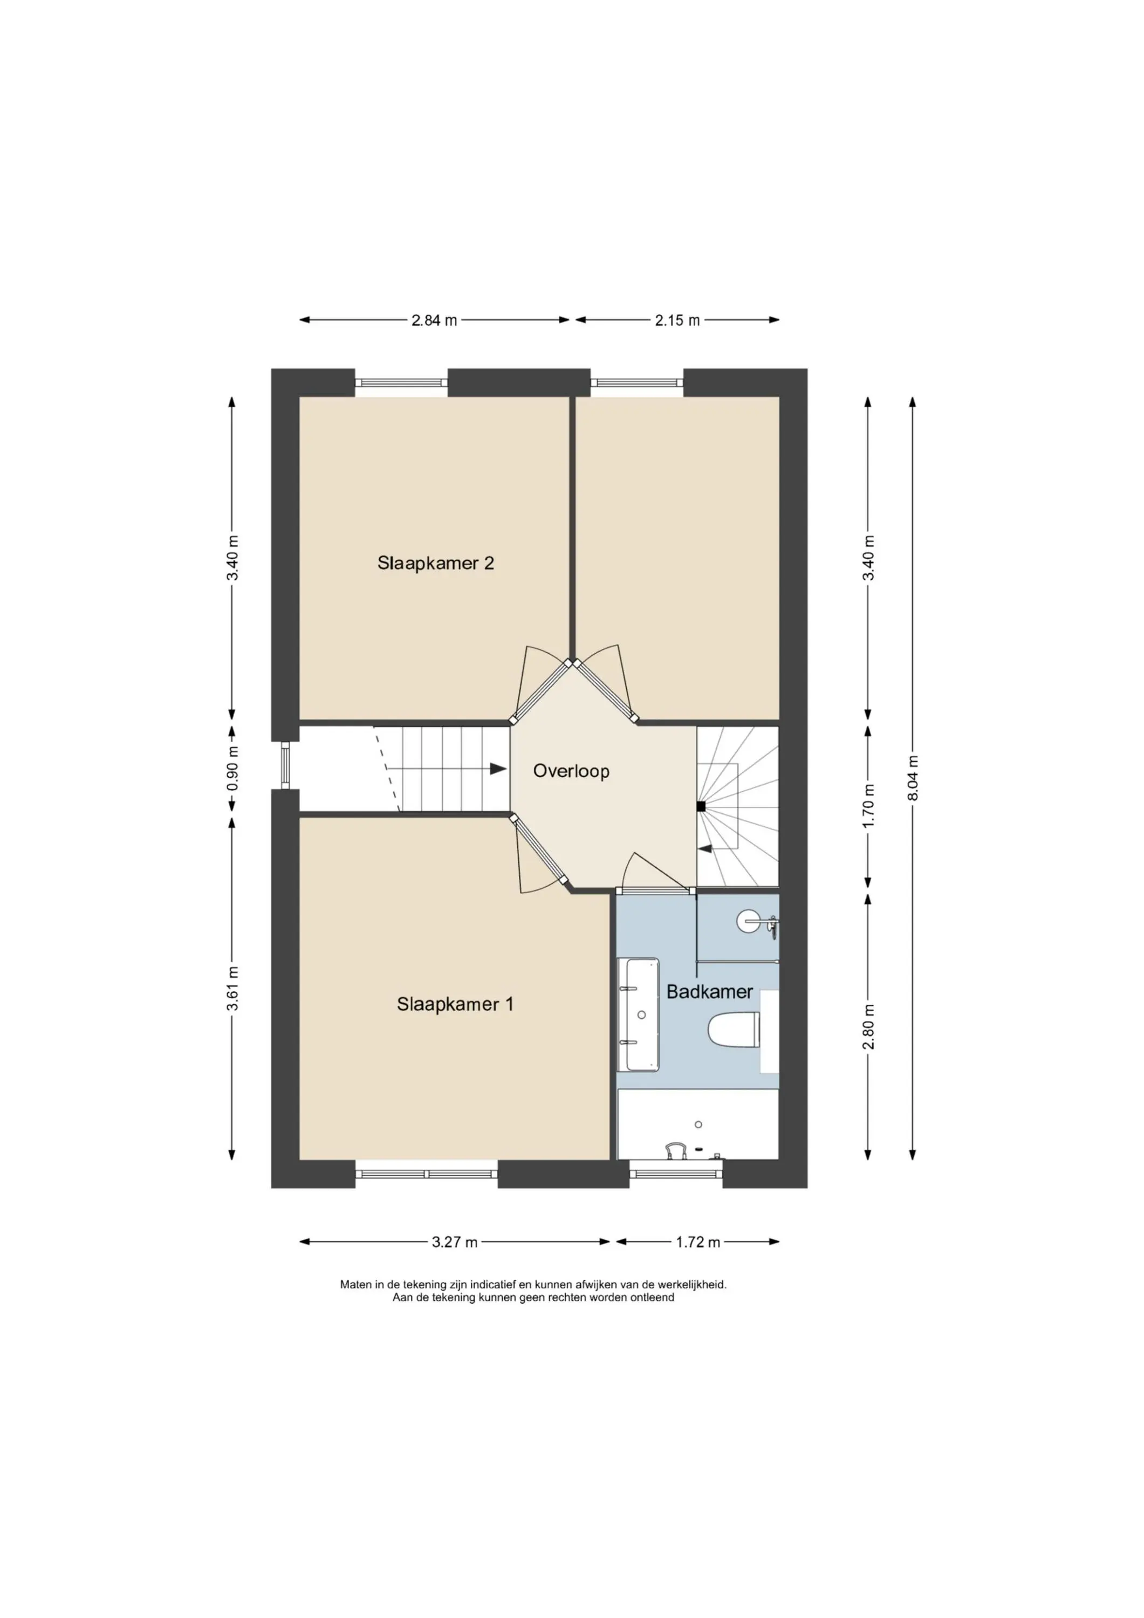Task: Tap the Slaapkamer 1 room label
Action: tap(455, 1004)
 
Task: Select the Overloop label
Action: tap(571, 771)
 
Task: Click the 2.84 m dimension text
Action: tap(434, 320)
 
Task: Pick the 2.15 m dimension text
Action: tap(677, 320)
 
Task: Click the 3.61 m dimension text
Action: tap(232, 989)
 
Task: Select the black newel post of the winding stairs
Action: tap(701, 807)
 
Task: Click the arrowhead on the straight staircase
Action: tap(498, 769)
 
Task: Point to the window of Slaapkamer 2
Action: tap(401, 382)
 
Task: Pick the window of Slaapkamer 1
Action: tap(427, 1174)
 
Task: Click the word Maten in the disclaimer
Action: tap(356, 1285)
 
